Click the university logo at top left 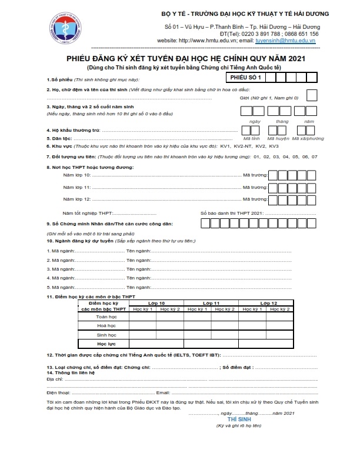(x=65, y=27)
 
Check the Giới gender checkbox (x=312, y=95)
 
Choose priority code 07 (x=314, y=157)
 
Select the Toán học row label (x=106, y=317)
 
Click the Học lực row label (x=106, y=342)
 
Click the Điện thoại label (x=58, y=392)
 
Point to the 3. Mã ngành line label (x=59, y=269)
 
